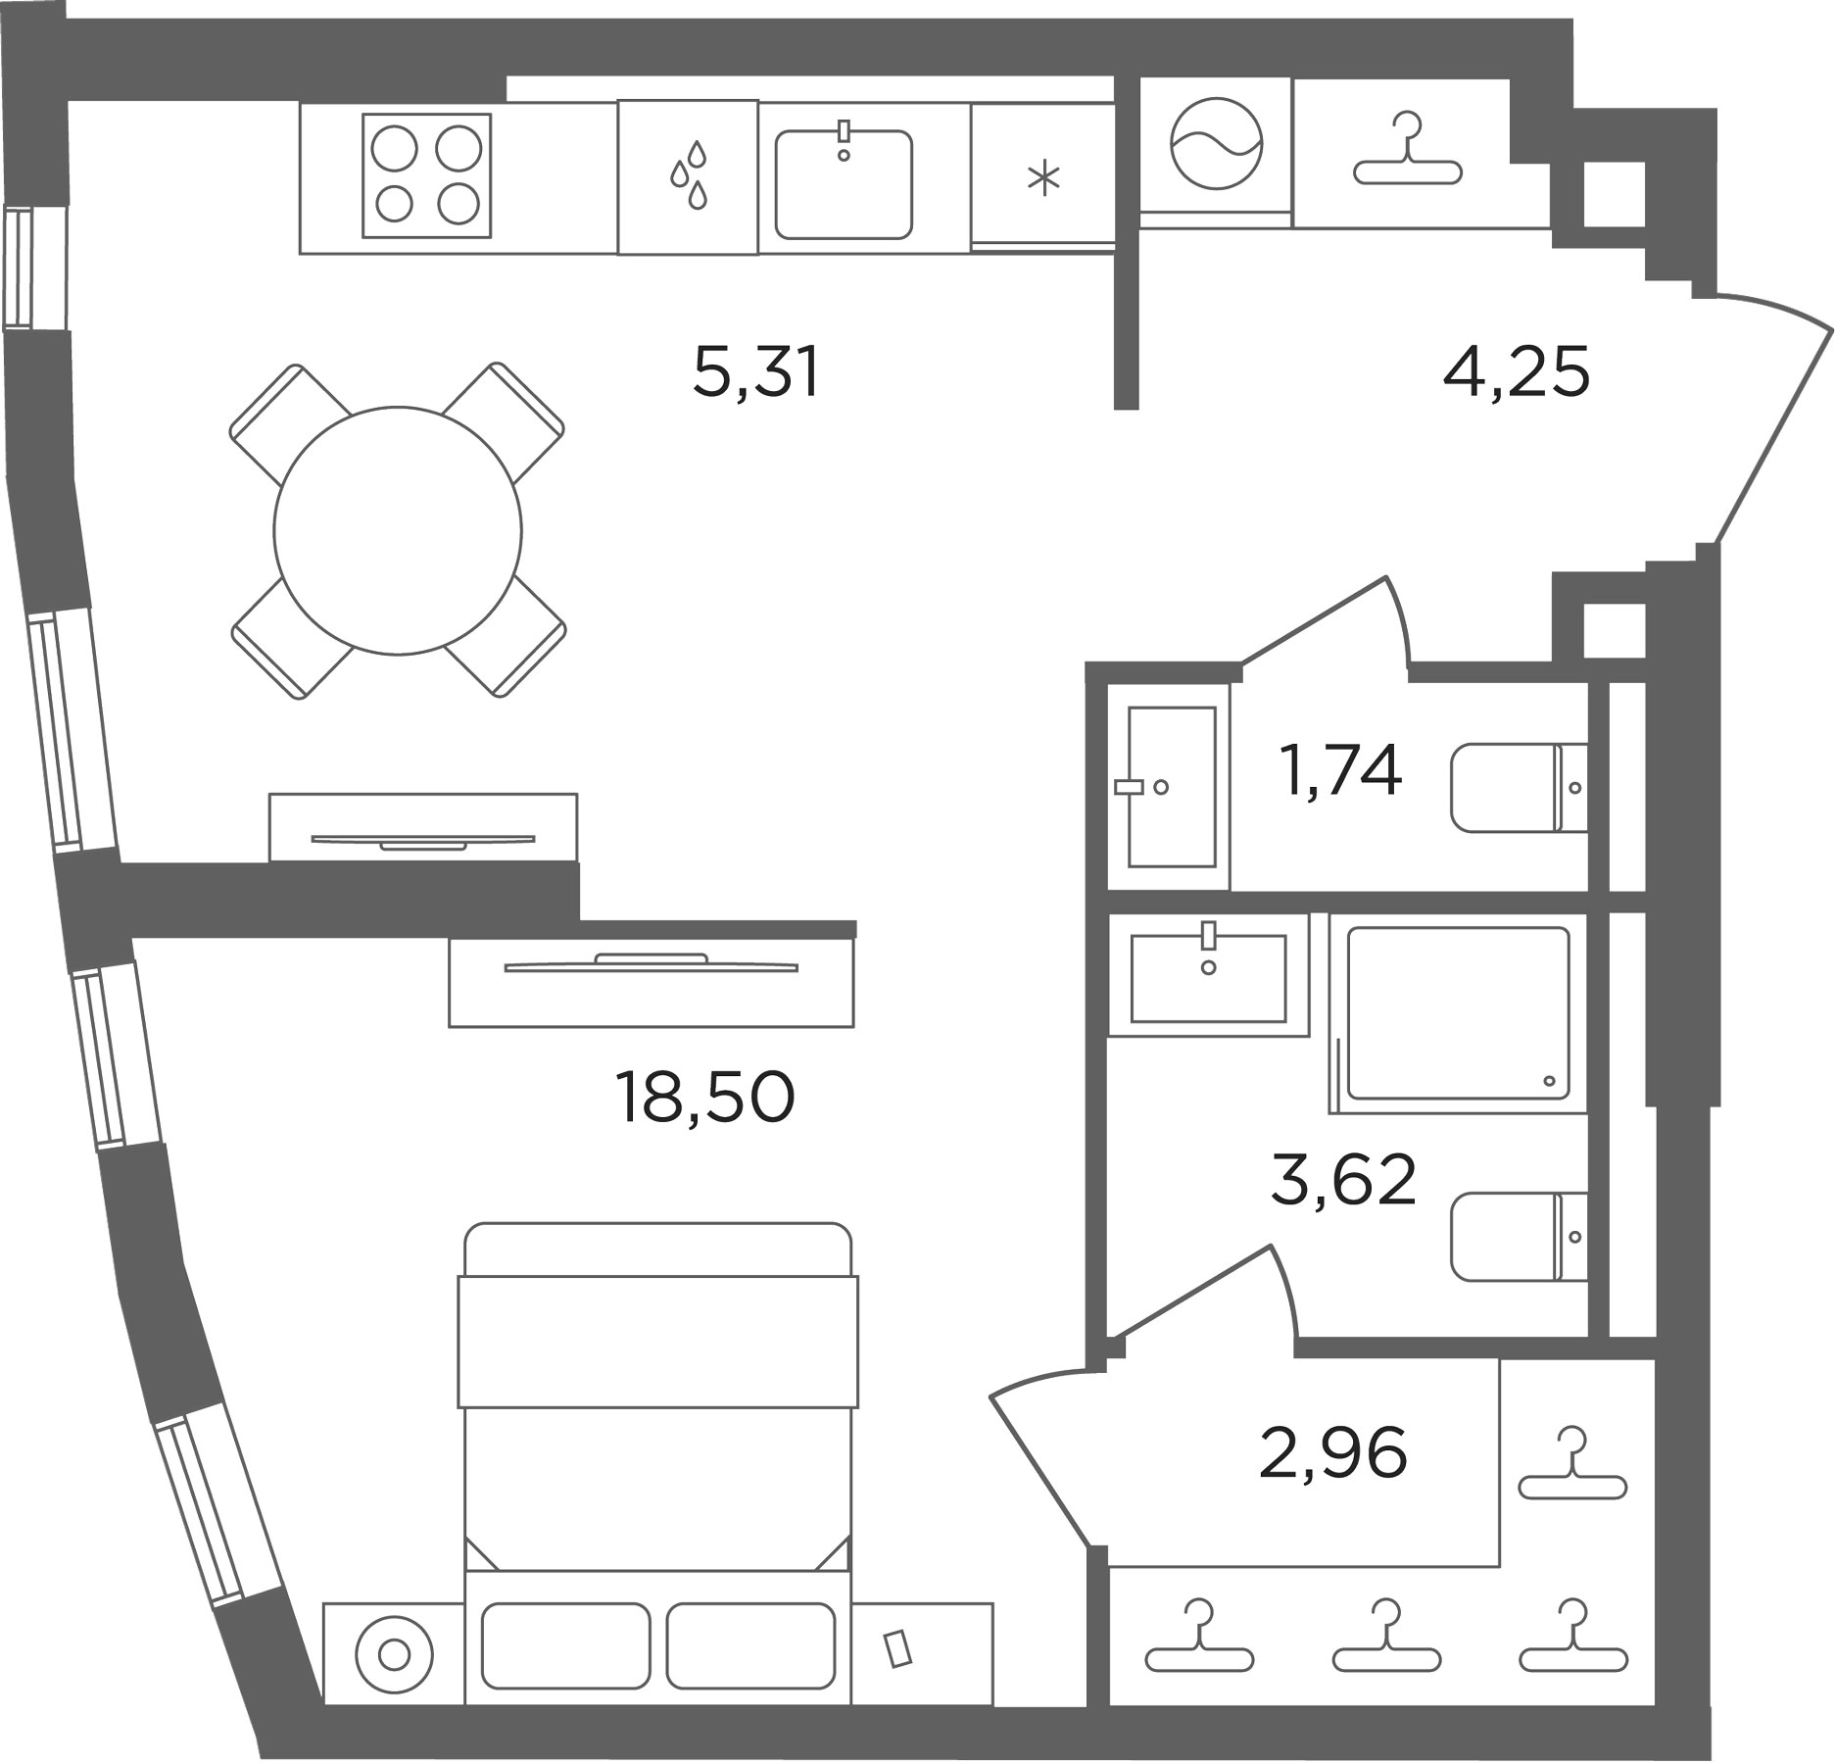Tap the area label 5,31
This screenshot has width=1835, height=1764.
(755, 372)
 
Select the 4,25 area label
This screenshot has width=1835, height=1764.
(1516, 372)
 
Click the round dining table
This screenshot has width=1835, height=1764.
(398, 530)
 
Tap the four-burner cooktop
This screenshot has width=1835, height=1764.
(426, 175)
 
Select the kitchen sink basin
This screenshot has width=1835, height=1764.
(844, 184)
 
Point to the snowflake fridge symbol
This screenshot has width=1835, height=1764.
(1044, 179)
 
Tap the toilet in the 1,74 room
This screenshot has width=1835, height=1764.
(1520, 787)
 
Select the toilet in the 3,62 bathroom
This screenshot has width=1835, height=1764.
(1520, 1236)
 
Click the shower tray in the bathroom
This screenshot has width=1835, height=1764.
(1458, 1013)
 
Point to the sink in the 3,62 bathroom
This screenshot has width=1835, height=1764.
(1208, 977)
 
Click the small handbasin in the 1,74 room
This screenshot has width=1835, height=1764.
(1172, 786)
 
